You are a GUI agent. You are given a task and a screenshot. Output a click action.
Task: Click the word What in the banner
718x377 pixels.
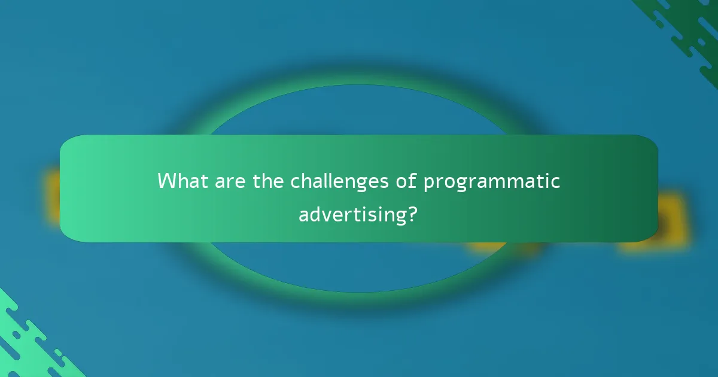pos(181,181)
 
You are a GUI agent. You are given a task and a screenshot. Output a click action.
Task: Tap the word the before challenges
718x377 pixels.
pos(269,181)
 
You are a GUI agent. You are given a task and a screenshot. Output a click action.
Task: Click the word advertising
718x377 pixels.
pos(352,214)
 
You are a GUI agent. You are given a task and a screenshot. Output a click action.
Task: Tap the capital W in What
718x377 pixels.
pos(168,181)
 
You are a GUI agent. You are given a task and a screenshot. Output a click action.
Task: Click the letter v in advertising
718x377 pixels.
pos(327,214)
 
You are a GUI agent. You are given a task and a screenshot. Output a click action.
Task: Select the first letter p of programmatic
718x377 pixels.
pos(429,183)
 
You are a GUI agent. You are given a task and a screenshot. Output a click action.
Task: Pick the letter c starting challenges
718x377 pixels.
pos(296,181)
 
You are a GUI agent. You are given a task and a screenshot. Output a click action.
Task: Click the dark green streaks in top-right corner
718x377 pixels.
pos(688,30)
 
